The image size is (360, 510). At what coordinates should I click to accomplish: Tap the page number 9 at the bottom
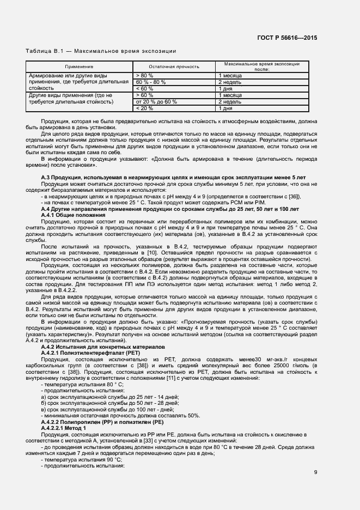[x=315, y=472]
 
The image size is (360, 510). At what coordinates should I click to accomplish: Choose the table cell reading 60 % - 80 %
[x=150, y=82]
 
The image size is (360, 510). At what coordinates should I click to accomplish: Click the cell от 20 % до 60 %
[x=156, y=101]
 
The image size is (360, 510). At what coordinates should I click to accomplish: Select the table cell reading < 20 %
[x=144, y=108]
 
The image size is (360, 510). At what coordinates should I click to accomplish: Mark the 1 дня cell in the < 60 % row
[x=226, y=88]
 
